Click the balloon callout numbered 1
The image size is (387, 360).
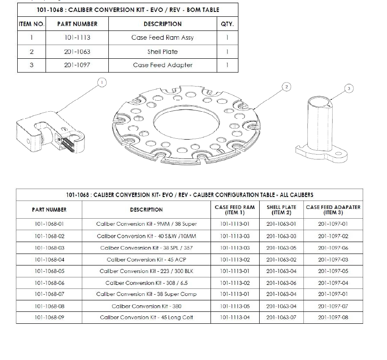pos(102,82)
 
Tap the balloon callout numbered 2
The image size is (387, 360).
pos(287,87)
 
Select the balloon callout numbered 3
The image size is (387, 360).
pos(349,89)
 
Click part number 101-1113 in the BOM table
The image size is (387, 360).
pos(77,38)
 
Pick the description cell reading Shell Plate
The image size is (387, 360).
pos(163,52)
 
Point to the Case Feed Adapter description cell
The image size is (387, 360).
pos(163,65)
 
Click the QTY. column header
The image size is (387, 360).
pos(227,24)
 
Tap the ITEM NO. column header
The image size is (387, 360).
pos(31,24)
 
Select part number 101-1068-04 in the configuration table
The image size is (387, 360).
pos(50,260)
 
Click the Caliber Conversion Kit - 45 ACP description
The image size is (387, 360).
pos(146,260)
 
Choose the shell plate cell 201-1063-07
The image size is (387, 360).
pos(281,318)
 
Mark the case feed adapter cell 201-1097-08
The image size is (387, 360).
pos(333,318)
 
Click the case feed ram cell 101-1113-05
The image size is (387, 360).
pos(235,306)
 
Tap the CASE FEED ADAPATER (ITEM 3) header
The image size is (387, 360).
pos(333,209)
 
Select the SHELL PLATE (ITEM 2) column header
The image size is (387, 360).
pos(281,209)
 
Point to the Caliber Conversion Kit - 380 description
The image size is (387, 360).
pos(146,306)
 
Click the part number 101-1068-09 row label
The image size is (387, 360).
pos(50,318)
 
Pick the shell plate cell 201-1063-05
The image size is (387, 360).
pos(281,248)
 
